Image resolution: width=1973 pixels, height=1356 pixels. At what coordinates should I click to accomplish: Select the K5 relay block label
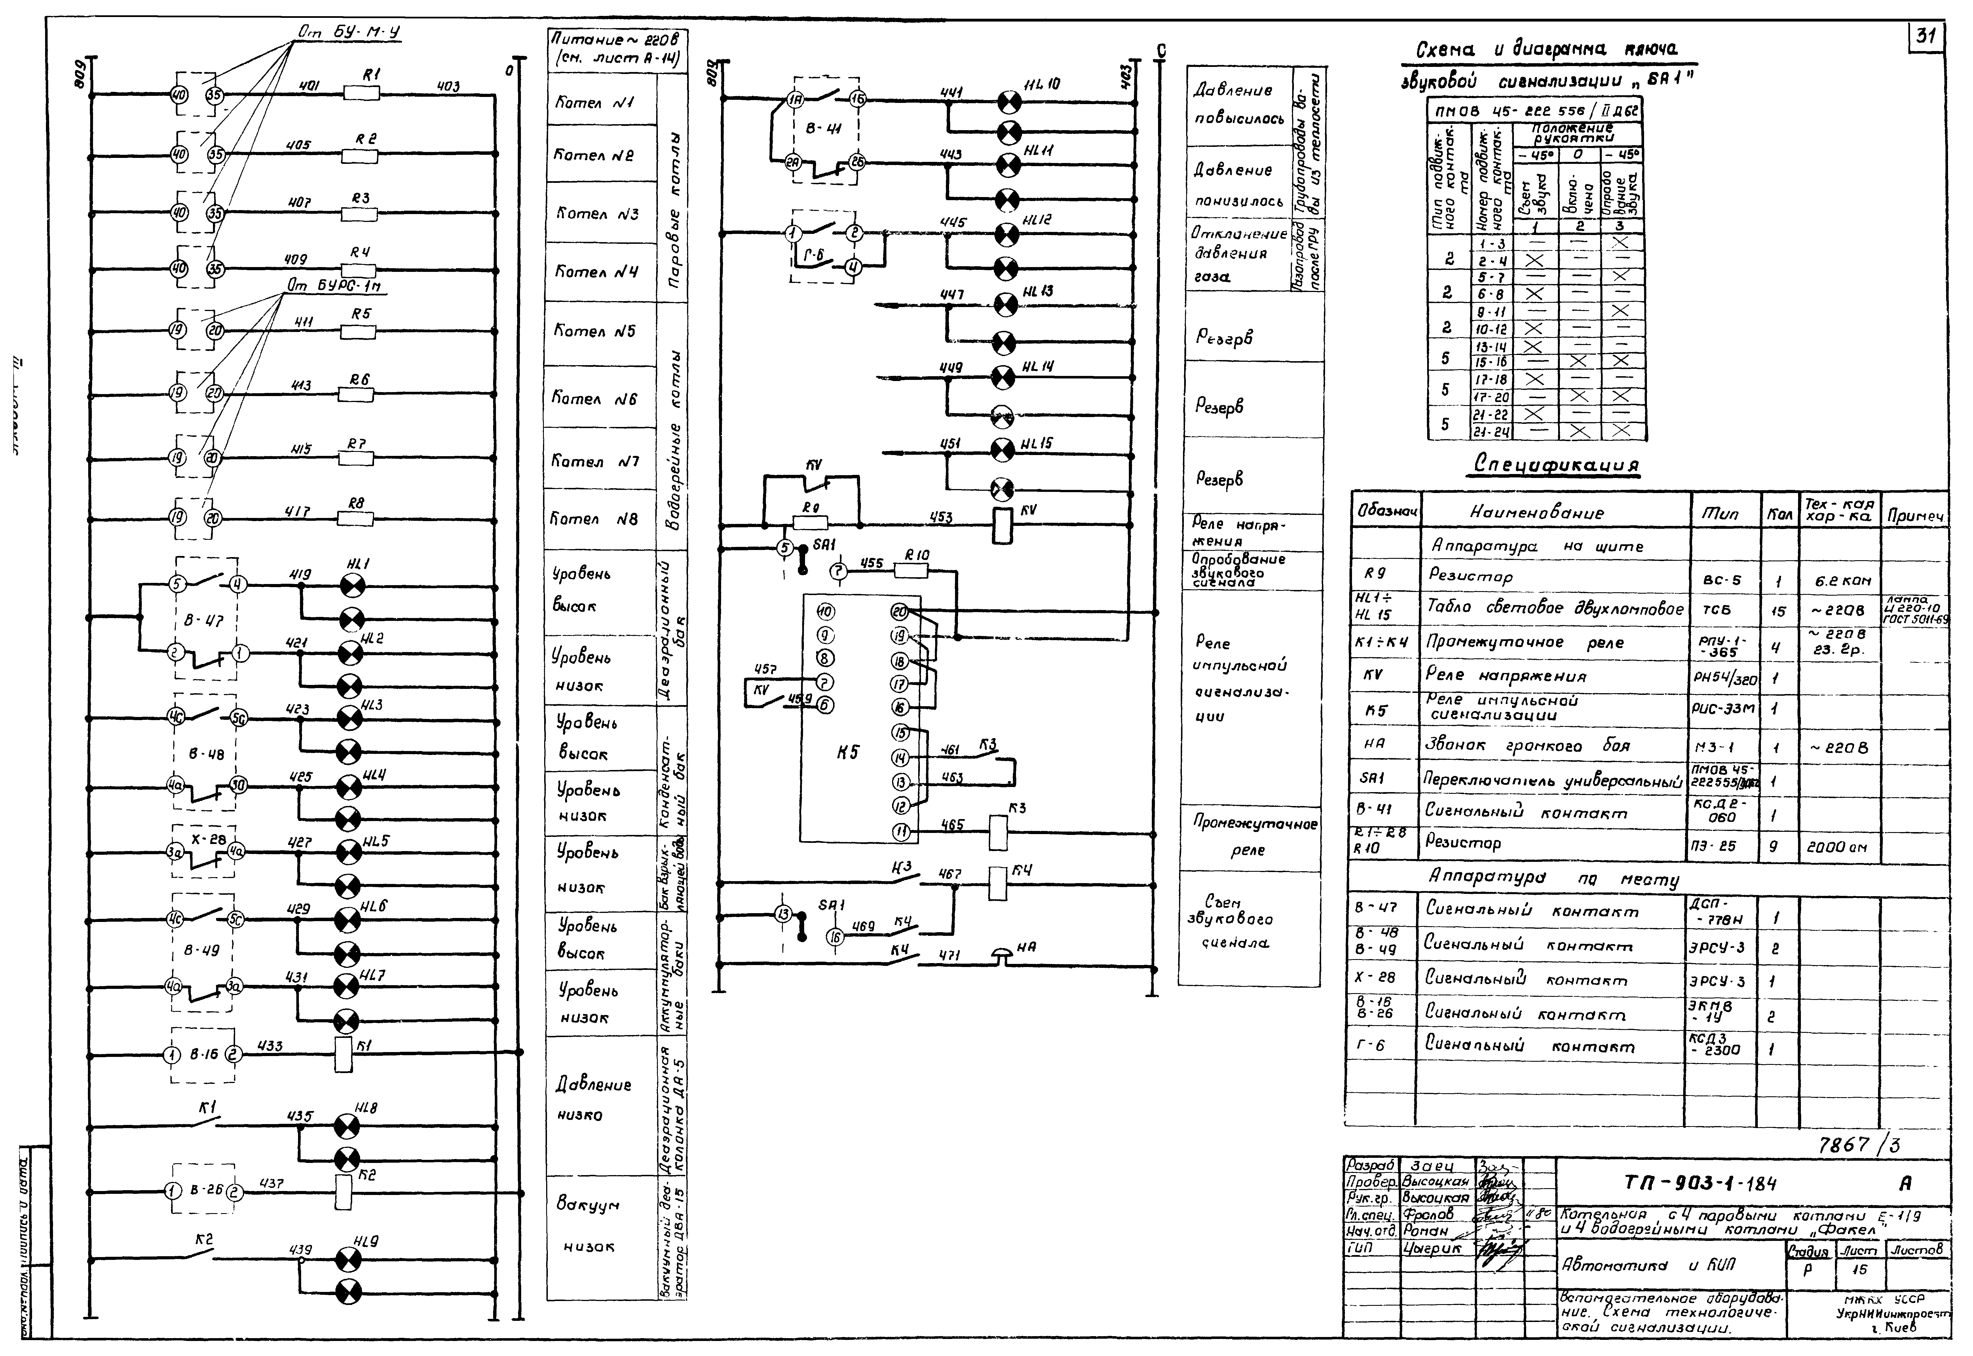[847, 752]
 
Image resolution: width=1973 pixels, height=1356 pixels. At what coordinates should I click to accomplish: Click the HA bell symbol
[1004, 957]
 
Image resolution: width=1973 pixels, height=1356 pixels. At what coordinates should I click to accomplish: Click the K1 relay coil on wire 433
[344, 1055]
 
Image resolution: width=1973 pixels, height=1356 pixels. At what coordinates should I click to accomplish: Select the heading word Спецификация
[1555, 466]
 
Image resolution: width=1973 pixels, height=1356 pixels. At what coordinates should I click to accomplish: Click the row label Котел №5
[595, 331]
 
